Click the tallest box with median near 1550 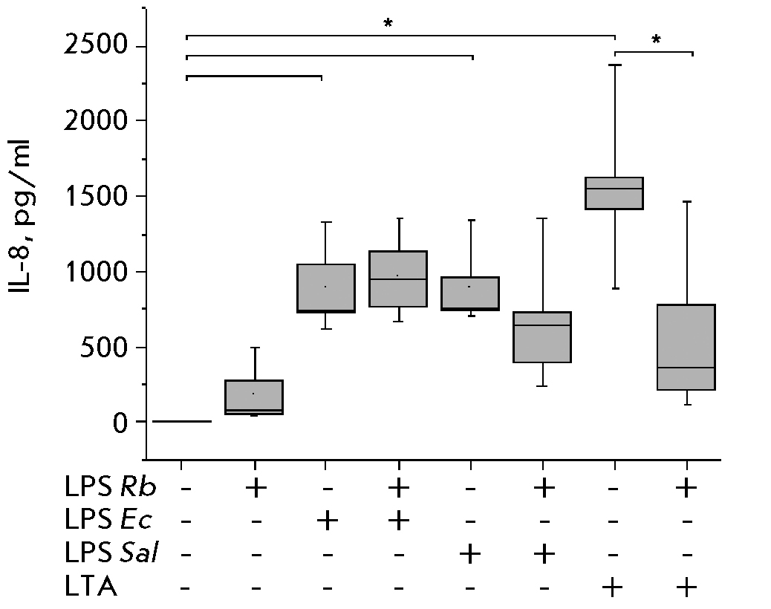point(615,193)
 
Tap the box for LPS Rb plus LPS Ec point(399,279)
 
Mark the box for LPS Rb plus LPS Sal point(544,337)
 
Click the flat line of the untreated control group point(182,421)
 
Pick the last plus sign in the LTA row point(687,588)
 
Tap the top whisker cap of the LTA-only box point(615,65)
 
